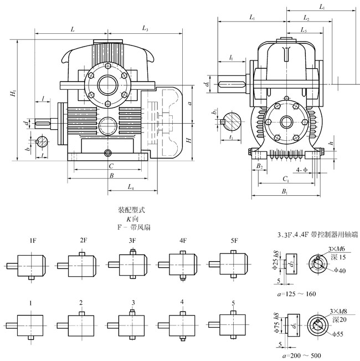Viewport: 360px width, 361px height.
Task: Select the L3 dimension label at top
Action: click(x=145, y=28)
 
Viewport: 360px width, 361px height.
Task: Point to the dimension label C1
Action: click(x=285, y=179)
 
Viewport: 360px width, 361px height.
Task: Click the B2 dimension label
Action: click(x=259, y=166)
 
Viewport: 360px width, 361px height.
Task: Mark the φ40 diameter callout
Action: click(x=339, y=270)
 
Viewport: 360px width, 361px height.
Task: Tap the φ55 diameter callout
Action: click(x=339, y=334)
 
